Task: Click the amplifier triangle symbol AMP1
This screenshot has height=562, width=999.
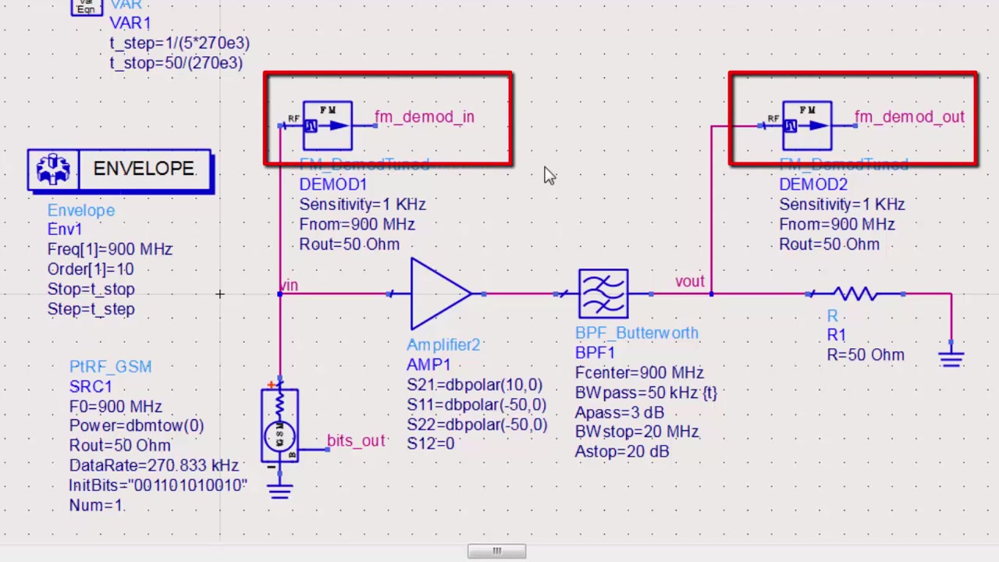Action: click(x=439, y=294)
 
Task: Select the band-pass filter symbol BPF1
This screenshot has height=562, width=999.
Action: click(x=603, y=293)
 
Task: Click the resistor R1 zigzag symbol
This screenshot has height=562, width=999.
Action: click(x=857, y=294)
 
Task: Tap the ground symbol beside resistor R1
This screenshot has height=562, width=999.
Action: click(x=951, y=358)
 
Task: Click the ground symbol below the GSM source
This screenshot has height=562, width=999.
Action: click(x=279, y=489)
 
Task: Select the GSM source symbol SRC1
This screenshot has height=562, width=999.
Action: click(x=279, y=426)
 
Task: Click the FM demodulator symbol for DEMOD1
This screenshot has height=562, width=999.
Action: click(x=328, y=125)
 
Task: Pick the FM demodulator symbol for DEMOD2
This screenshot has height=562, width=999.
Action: click(x=807, y=125)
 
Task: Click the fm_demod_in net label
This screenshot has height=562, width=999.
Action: click(x=424, y=117)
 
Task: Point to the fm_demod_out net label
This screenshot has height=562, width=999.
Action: click(x=909, y=117)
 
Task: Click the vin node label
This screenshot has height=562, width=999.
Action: click(x=290, y=285)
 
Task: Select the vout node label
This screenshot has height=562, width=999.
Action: click(x=689, y=281)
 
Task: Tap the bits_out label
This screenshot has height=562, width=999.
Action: click(x=356, y=441)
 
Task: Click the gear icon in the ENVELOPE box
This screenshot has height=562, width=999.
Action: click(x=53, y=169)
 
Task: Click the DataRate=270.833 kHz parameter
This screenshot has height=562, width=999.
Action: click(x=154, y=465)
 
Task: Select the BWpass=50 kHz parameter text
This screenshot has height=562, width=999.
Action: click(x=645, y=393)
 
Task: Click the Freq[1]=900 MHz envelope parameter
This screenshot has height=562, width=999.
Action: click(x=109, y=249)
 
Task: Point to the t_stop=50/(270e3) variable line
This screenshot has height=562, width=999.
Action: click(x=176, y=63)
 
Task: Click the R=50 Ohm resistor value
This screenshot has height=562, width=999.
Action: click(x=866, y=355)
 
